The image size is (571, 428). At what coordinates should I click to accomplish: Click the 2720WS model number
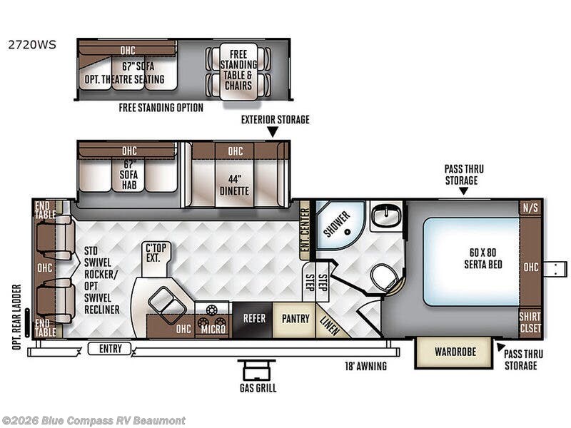[x=32, y=44]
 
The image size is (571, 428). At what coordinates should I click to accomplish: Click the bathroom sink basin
[x=386, y=216]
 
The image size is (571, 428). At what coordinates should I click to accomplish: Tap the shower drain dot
[x=348, y=231]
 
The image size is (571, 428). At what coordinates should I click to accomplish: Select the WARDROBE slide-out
[x=455, y=352]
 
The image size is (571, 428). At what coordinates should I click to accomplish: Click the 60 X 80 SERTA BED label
[x=483, y=258]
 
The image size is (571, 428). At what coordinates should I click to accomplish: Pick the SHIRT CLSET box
[x=530, y=322]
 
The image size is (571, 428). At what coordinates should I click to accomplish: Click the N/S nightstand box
[x=530, y=208]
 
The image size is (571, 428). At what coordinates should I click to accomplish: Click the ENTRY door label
[x=110, y=349]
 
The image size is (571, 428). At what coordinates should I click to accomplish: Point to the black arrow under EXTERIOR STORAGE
[x=273, y=132]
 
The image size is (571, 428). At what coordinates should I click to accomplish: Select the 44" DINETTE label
[x=234, y=185]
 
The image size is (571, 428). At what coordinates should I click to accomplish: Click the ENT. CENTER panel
[x=305, y=230]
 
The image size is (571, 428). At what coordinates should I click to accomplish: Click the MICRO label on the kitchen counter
[x=213, y=330]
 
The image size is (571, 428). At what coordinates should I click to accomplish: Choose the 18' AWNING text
[x=365, y=366]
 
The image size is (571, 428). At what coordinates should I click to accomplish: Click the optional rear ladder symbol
[x=27, y=322]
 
